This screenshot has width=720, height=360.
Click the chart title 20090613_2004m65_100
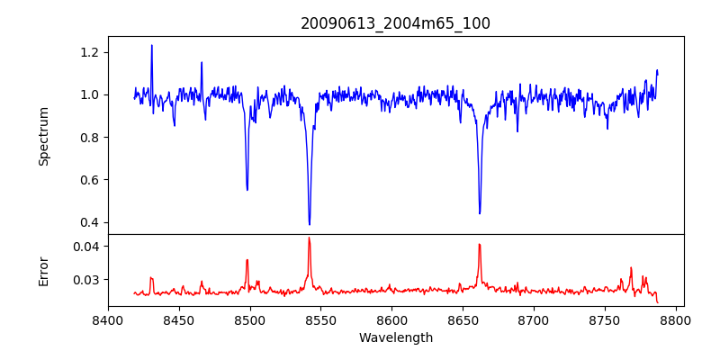coord(395,23)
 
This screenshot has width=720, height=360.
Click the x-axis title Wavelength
coord(395,337)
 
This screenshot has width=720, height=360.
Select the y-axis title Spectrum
coord(43,136)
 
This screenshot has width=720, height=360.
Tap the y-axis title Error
coord(43,270)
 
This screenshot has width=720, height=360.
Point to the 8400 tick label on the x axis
coord(108,319)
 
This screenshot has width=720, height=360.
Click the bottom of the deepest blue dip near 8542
coord(310,224)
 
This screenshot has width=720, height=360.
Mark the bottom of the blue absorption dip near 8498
coord(247,190)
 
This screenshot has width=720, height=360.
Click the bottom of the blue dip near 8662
coord(480,213)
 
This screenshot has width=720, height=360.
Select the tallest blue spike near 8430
coord(151,45)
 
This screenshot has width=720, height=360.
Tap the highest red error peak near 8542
coord(309,238)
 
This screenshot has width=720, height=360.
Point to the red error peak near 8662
coord(480,244)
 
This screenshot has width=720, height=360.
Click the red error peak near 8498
coord(247,260)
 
